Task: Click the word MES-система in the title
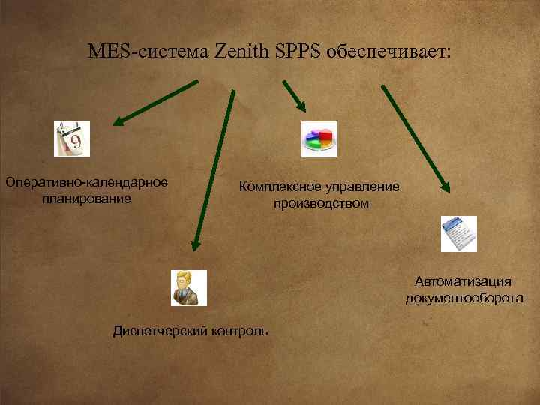point(148,52)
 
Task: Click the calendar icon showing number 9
point(72,139)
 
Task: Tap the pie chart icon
point(319,139)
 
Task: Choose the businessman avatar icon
point(188,288)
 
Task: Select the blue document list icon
point(458,234)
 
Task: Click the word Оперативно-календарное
point(86,182)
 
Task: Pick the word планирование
point(86,199)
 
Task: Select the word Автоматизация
point(463,281)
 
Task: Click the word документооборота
point(463,298)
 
